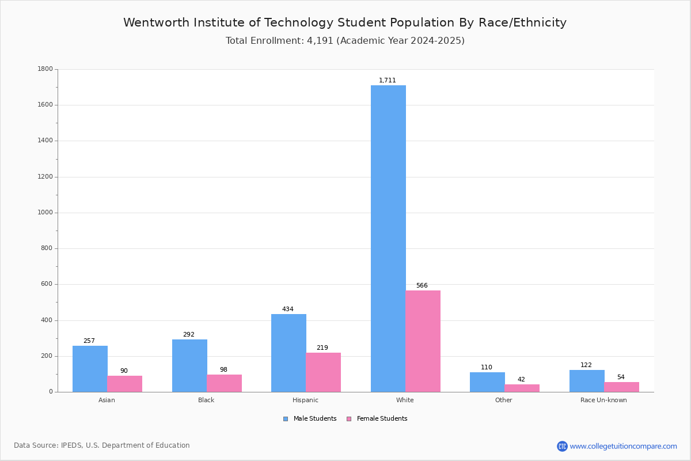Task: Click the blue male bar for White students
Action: point(388,239)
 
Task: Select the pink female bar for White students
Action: point(423,341)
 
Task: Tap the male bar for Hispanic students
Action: point(288,353)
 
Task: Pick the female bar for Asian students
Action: point(124,384)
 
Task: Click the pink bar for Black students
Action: point(224,383)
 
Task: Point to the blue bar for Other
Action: point(487,382)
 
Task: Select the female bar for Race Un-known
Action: point(621,387)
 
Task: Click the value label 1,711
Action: point(387,81)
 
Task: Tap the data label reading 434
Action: point(287,309)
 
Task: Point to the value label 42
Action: point(521,380)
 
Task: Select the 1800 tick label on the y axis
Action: point(45,69)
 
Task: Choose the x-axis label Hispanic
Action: point(305,400)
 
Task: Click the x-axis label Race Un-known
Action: point(603,400)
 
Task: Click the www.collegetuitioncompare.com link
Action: point(623,446)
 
